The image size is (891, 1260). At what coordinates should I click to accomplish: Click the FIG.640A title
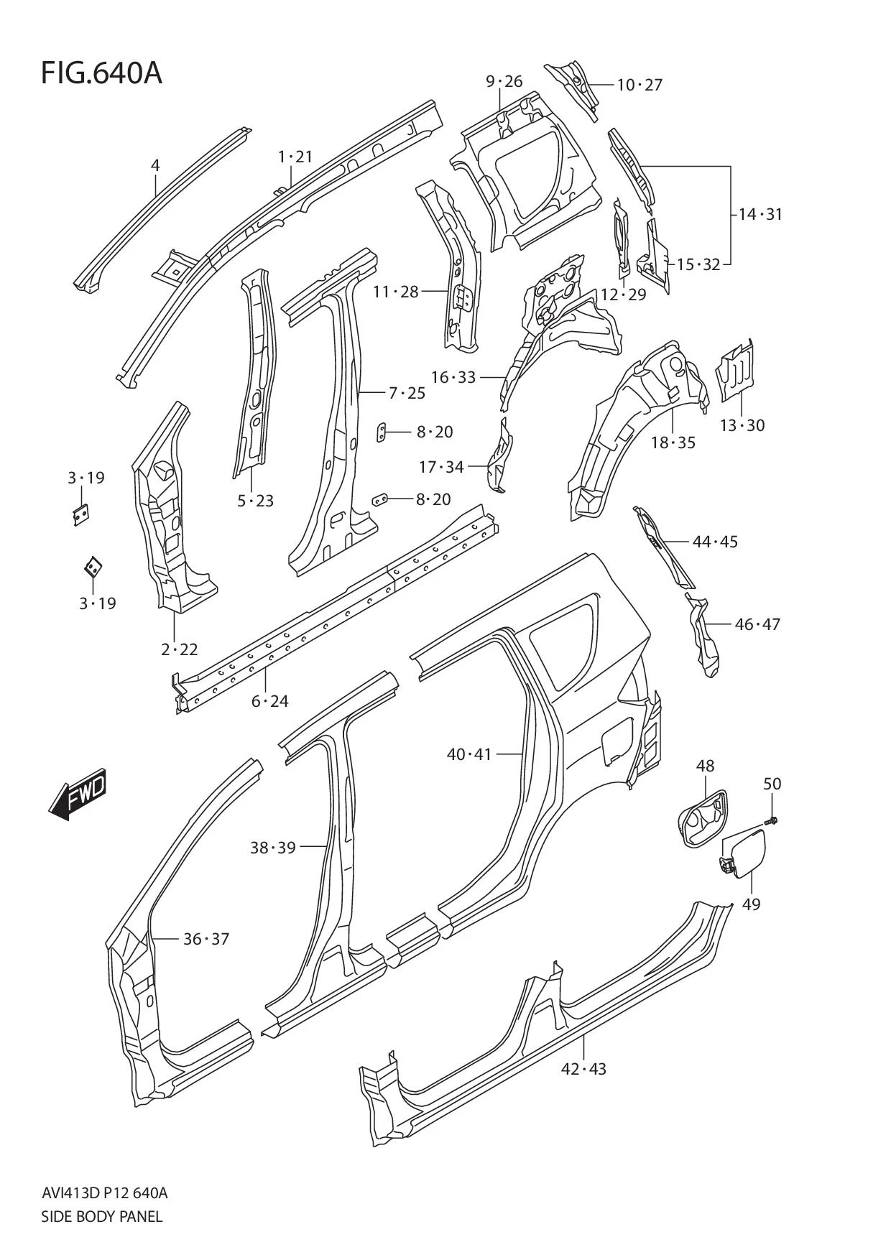101,73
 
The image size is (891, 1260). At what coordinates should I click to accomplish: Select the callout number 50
772,784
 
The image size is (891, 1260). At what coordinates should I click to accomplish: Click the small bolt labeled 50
772,819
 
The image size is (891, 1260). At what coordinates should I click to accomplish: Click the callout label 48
705,766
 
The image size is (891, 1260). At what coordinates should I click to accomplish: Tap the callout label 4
155,165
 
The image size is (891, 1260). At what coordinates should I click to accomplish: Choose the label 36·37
206,939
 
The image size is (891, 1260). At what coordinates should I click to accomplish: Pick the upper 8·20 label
434,432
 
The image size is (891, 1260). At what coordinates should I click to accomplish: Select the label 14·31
760,214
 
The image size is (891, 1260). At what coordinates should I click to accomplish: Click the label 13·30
742,425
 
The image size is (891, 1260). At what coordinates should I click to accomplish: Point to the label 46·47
757,624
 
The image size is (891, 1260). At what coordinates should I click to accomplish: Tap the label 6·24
269,701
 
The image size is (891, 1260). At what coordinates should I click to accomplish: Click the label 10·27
640,85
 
